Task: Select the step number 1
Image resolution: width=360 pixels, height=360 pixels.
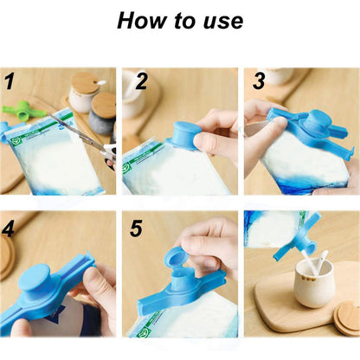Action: pyautogui.click(x=10, y=83)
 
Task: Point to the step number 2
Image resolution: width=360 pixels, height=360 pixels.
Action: pyautogui.click(x=141, y=83)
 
